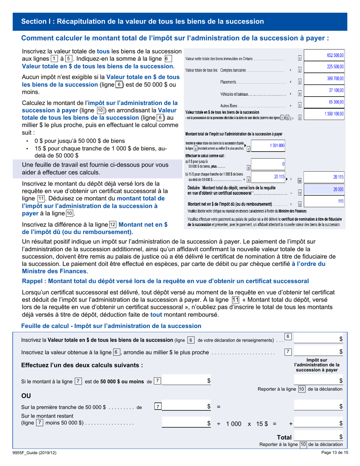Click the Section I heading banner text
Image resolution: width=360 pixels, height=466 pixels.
142,21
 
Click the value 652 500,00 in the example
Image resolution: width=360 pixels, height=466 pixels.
335,56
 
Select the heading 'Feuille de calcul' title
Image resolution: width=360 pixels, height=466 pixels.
111,326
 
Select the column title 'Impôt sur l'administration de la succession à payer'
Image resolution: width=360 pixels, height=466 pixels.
319,365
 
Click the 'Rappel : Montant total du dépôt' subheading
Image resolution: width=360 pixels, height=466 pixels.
165,281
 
